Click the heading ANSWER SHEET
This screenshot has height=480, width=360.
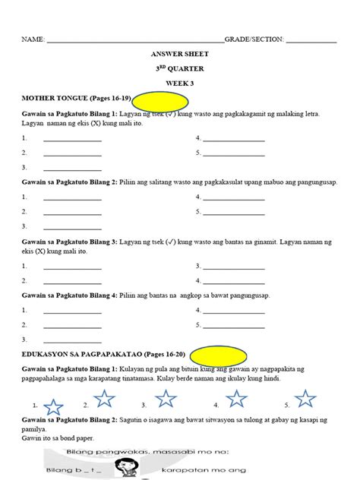[x=180, y=55]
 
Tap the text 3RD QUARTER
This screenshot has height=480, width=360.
[x=180, y=69]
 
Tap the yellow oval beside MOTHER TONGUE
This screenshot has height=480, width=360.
[x=160, y=99]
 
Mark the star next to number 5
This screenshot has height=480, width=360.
[x=305, y=398]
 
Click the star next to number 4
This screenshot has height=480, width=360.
[x=237, y=398]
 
